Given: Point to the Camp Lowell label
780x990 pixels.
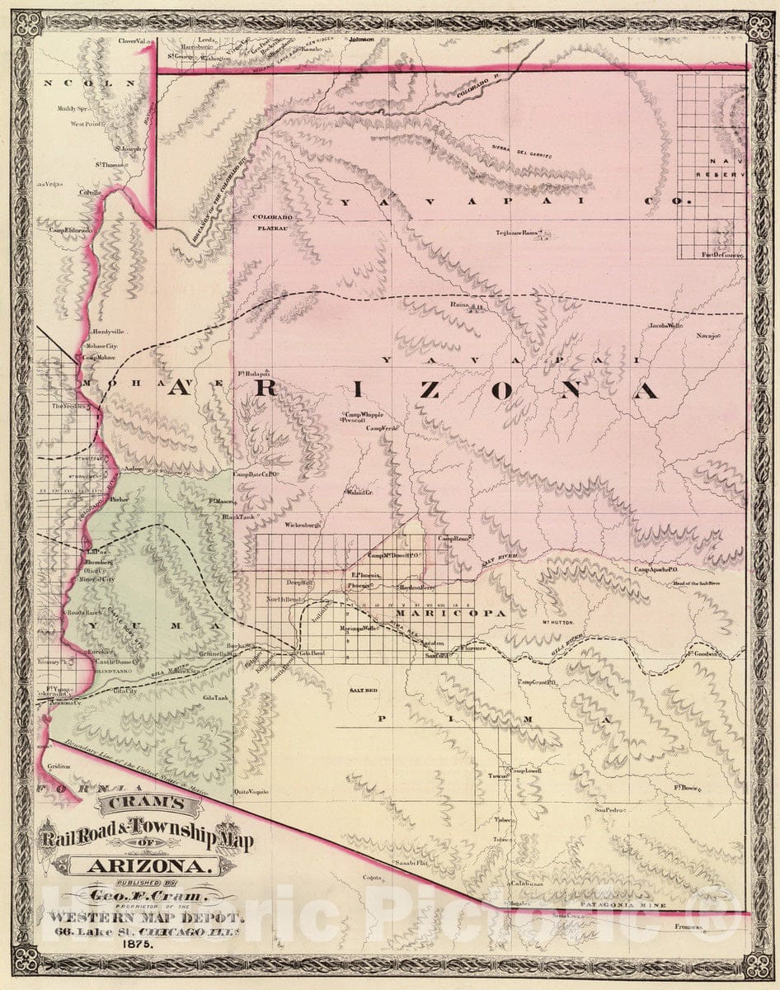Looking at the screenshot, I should (524, 771).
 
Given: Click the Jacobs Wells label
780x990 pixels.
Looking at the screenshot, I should (665, 326).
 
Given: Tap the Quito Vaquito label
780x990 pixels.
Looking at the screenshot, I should (251, 791).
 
